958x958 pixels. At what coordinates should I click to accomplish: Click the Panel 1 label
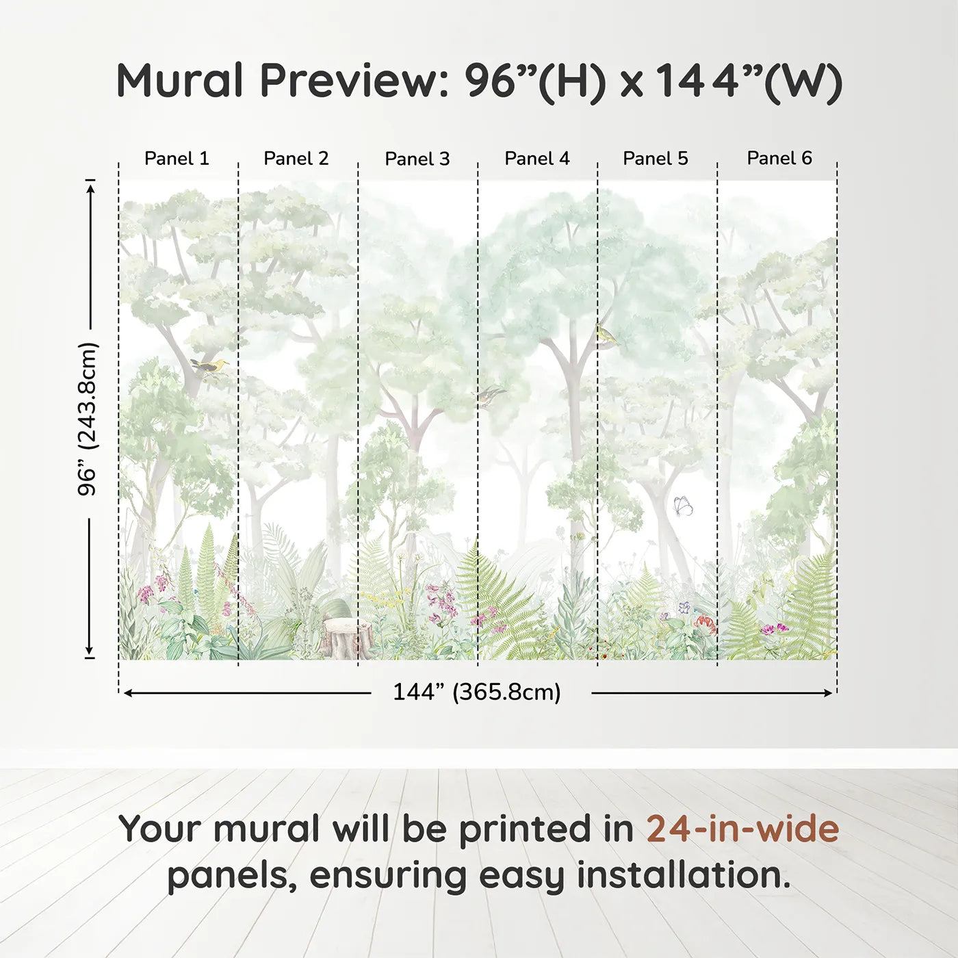(177, 158)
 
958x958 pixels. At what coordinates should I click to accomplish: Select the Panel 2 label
(296, 158)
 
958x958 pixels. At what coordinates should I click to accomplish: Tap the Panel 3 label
(417, 159)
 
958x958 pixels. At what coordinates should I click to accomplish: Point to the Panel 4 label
(537, 158)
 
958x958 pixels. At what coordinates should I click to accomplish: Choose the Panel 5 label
(656, 158)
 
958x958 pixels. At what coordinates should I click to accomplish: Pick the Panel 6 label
(779, 158)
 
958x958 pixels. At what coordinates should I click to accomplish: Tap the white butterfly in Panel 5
(682, 506)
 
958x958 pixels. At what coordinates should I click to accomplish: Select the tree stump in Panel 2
(348, 636)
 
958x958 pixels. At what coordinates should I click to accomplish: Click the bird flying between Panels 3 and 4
(490, 396)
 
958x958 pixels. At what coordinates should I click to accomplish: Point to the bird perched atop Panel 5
(606, 335)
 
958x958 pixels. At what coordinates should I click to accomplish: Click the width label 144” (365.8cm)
(477, 692)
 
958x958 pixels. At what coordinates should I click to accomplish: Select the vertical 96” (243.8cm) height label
(88, 419)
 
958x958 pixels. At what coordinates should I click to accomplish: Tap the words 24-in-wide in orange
(742, 829)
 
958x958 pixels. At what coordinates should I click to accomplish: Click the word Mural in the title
(179, 81)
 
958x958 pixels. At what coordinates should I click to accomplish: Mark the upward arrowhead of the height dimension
(90, 185)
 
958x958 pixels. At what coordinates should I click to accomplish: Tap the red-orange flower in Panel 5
(705, 622)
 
